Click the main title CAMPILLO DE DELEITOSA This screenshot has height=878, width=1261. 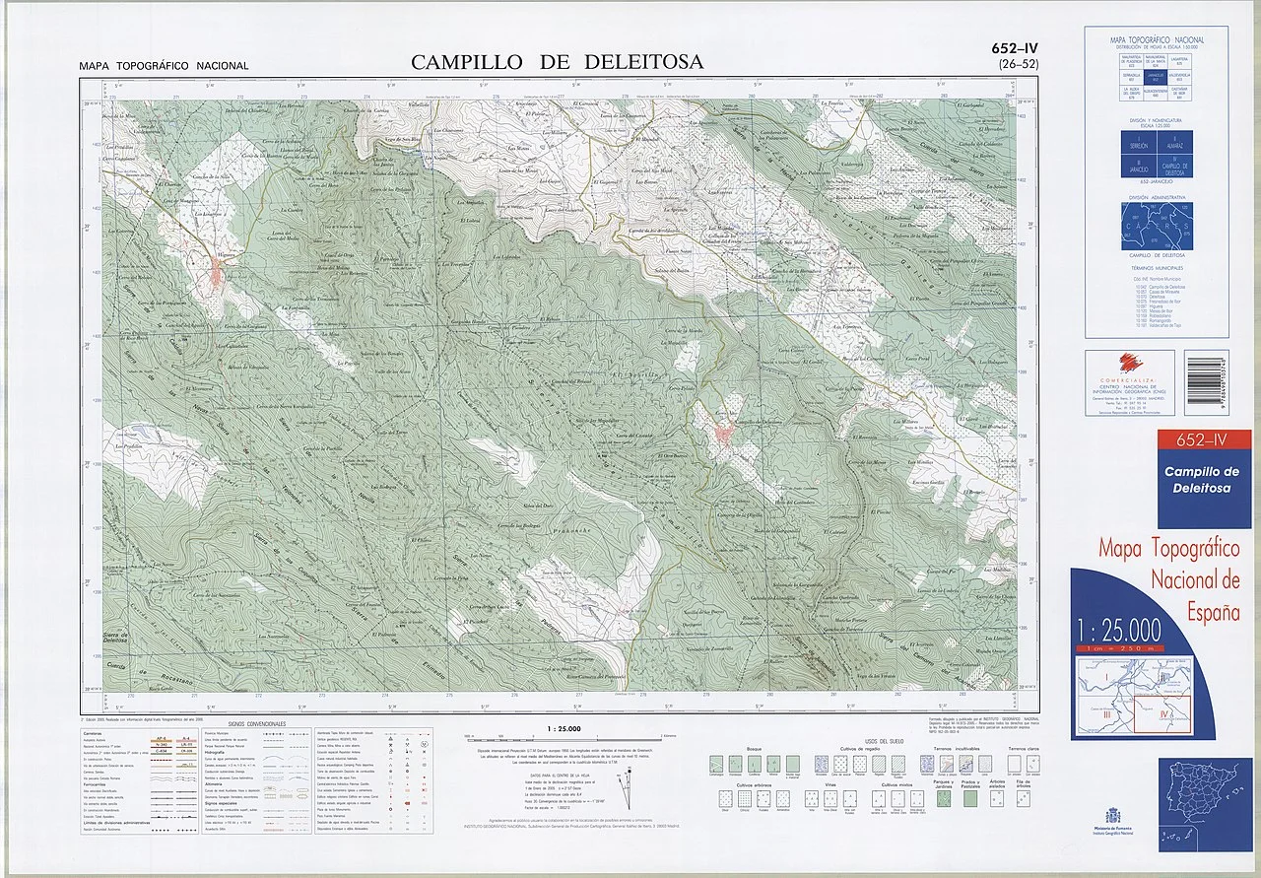pos(557,62)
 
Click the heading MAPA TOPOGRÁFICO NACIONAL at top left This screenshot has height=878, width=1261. pos(165,66)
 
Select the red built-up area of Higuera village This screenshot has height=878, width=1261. pos(218,274)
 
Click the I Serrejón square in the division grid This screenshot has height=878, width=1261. pos(1137,143)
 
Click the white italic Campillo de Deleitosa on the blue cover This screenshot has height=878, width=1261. pos(1198,480)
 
